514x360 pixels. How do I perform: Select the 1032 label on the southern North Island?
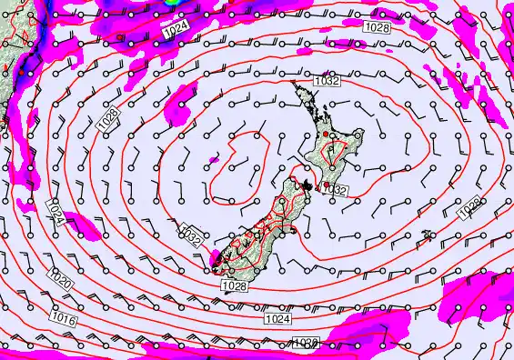point(337,190)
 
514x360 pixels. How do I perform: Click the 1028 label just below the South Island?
point(233,286)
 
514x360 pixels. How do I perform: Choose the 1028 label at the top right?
point(378,29)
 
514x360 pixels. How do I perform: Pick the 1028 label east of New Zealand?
point(469,208)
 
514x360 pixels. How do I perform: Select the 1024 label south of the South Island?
point(278,319)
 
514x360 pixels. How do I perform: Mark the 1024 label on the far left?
point(56,215)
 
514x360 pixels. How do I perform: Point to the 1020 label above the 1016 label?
point(62,283)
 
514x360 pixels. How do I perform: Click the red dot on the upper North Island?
point(326,135)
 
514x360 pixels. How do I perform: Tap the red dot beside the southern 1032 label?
point(328,185)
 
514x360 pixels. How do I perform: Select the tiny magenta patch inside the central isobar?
point(215,159)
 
